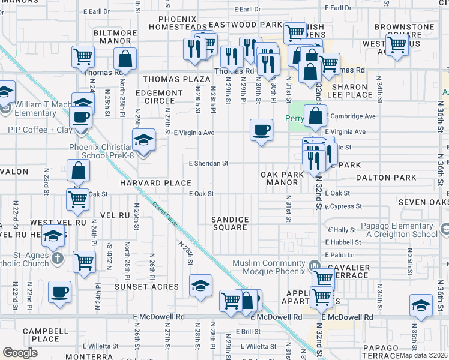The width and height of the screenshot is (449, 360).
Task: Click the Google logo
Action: coord(20,353)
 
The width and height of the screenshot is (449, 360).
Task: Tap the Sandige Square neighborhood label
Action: coord(230,223)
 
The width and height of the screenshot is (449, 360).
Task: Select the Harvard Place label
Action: coord(155,183)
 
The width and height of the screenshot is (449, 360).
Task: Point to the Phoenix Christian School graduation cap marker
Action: coord(143,142)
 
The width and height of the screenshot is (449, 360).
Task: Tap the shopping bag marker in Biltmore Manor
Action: coord(125,59)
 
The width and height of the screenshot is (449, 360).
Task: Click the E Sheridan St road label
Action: coord(208,163)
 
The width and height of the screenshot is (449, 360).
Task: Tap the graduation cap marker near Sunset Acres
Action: coord(200,286)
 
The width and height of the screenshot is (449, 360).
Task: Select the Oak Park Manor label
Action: coord(282,178)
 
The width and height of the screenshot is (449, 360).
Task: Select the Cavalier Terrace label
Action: coord(352,271)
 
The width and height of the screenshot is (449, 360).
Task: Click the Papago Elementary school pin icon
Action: coord(444,229)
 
